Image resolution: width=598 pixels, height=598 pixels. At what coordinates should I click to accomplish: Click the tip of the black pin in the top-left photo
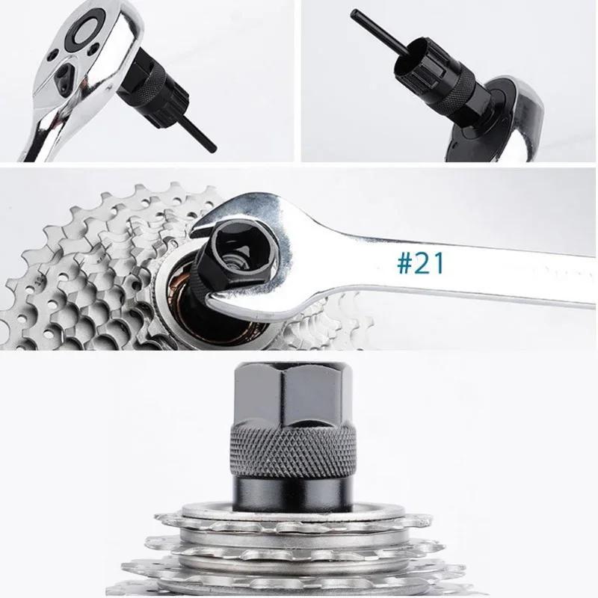[x=212, y=147]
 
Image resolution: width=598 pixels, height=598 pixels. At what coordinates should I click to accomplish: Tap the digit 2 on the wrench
[x=423, y=263]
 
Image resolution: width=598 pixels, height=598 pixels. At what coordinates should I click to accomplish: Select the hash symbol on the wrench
[x=404, y=264]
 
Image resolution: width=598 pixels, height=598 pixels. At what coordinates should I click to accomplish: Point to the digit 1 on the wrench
[x=440, y=263]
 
